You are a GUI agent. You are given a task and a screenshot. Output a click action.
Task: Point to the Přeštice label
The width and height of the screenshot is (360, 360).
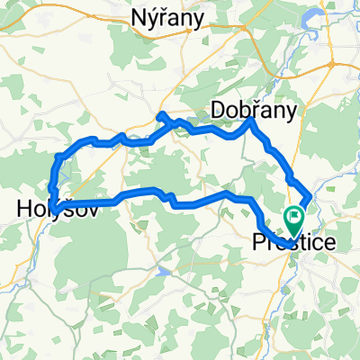tap(293, 242)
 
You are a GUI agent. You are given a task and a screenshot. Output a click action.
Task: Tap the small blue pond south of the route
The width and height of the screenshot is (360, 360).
tap(162, 268)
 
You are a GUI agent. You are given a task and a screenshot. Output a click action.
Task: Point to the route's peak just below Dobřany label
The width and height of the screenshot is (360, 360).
tap(251, 121)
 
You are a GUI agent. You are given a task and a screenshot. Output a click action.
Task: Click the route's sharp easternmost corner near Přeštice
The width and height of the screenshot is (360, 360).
tap(310, 194)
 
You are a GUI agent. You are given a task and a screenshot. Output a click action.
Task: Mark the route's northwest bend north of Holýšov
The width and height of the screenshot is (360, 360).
tap(59, 157)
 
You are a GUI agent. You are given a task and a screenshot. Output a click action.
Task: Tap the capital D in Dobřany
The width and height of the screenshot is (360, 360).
tap(217, 108)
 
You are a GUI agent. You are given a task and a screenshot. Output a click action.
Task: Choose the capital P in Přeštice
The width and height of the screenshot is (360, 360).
tap(256, 242)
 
